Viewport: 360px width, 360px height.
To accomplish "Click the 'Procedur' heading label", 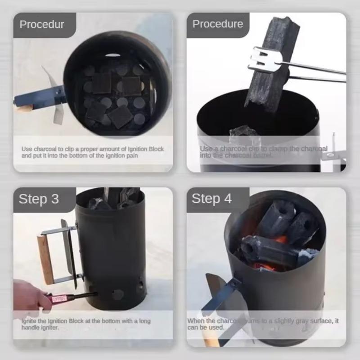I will click(41, 24).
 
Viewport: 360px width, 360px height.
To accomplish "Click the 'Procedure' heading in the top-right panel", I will click(217, 24).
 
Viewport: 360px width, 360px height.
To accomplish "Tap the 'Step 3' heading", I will click(39, 199).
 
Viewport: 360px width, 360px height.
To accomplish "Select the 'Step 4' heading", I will click(211, 198).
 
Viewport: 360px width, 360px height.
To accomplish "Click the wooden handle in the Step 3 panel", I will click(45, 258).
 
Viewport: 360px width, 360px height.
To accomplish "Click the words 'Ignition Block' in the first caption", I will click(142, 149).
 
